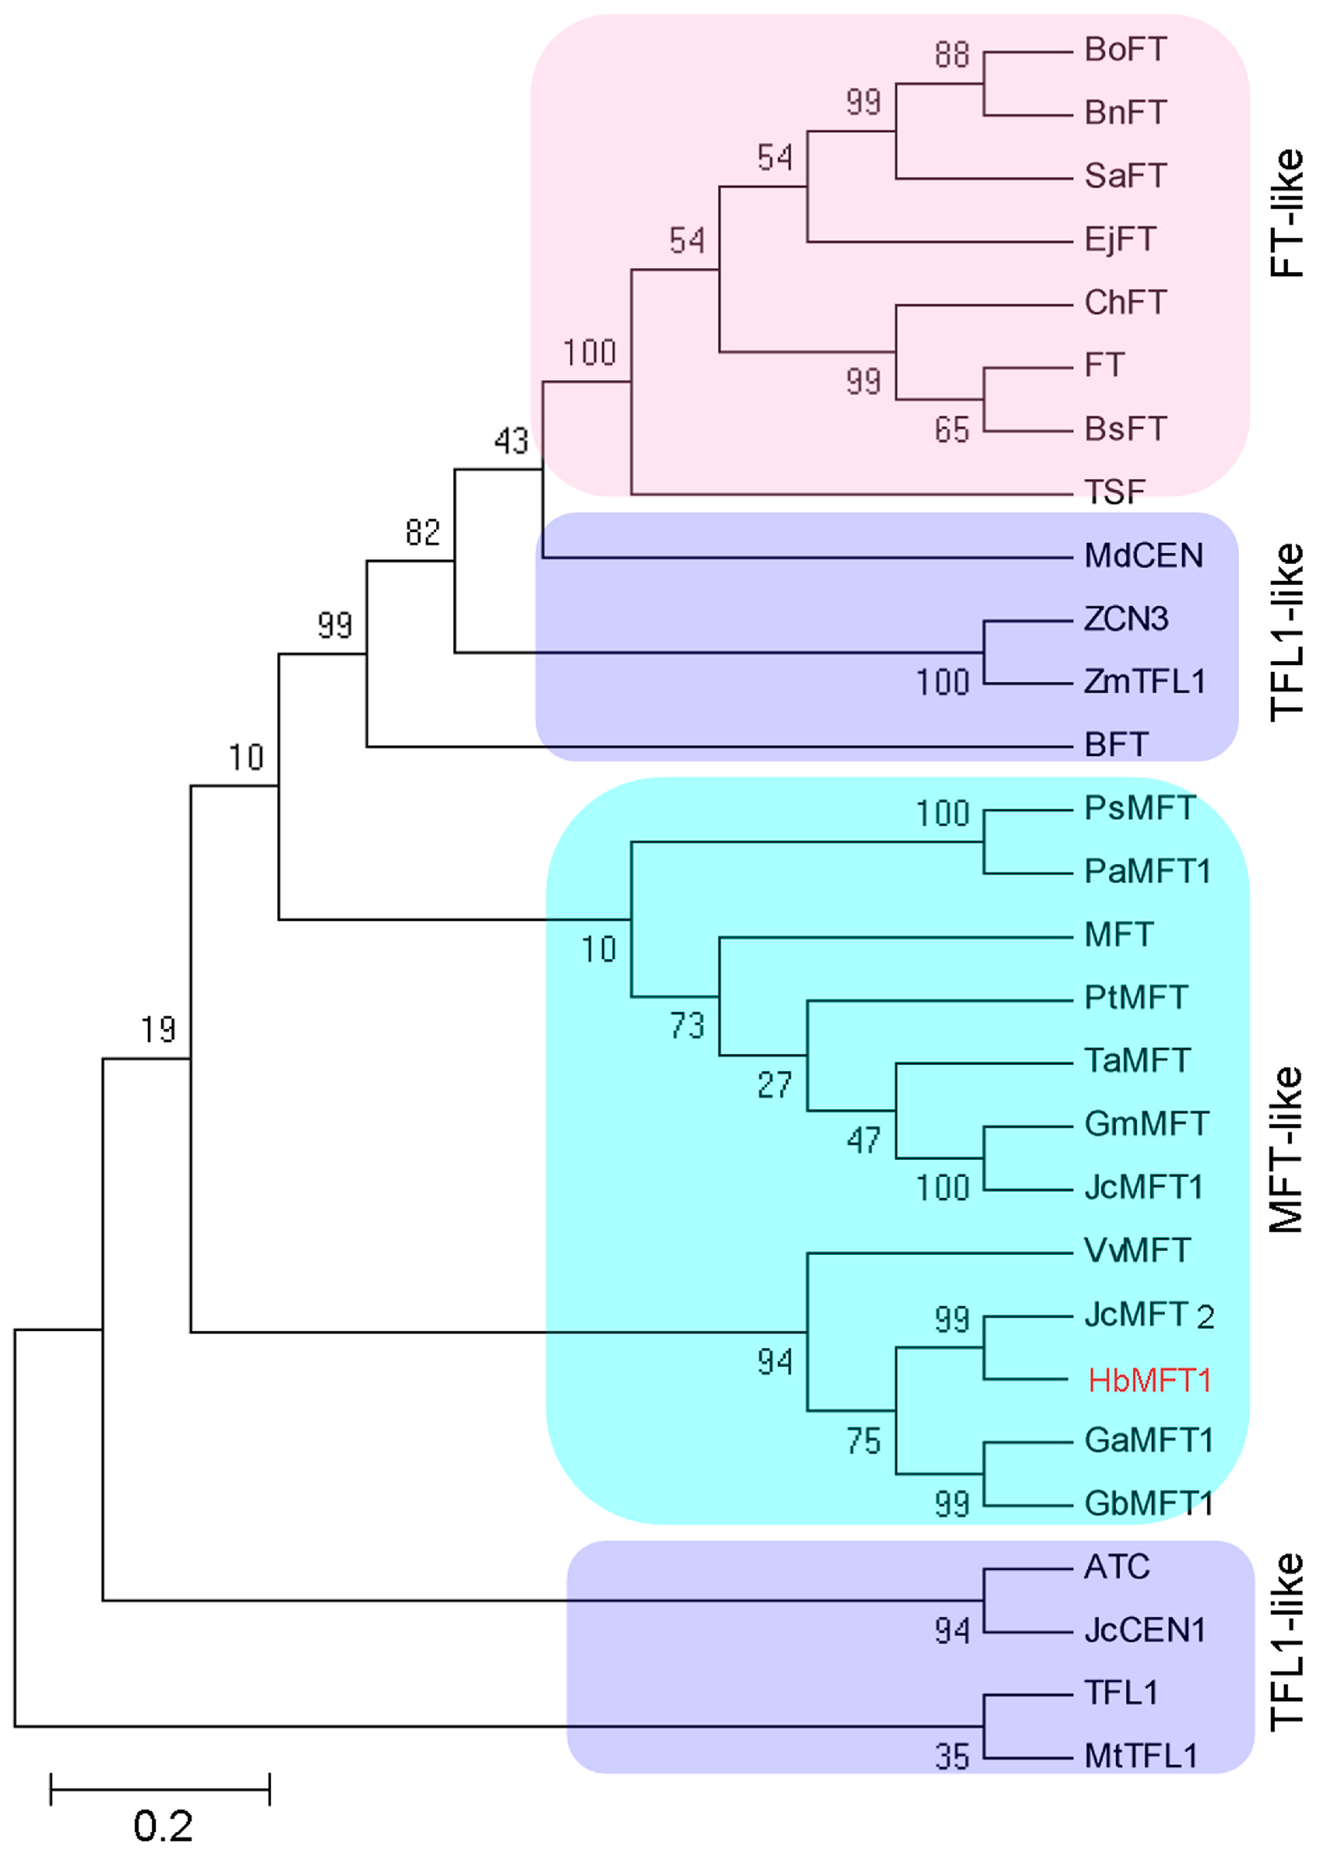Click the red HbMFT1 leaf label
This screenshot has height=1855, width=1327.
pos(1148,1381)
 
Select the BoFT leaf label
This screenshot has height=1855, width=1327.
pos(1124,50)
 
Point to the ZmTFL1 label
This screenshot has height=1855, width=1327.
pos(1144,681)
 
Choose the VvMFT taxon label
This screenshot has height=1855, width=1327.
pos(1136,1250)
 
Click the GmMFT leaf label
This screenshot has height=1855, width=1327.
pos(1145,1124)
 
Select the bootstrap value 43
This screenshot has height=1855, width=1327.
pos(511,441)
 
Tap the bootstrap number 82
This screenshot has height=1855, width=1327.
pos(423,533)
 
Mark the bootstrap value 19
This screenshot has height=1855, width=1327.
pos(158,1029)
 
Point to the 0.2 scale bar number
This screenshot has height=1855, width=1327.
pos(162,1826)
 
